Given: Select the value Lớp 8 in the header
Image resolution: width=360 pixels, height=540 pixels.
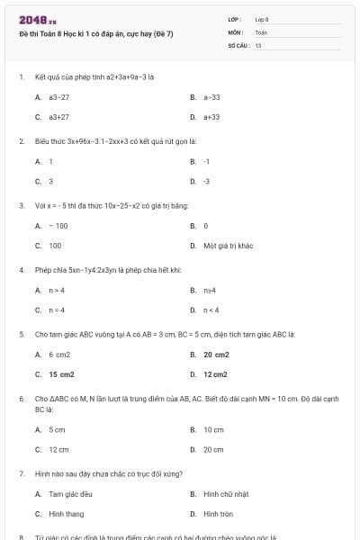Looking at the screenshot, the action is pos(262,19).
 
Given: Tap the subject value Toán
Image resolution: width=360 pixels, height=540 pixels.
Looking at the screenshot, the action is pos(261,31).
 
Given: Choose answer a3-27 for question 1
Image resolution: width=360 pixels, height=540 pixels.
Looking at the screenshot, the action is pos(58,96).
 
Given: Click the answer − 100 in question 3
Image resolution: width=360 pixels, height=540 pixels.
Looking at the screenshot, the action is pos(58,225).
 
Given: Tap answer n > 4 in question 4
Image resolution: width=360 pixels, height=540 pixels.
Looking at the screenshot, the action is pos(57,290).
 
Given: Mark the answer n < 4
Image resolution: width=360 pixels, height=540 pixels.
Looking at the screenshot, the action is pos(211,310).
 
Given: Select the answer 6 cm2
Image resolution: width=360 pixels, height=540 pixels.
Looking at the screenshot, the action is pos(59,355).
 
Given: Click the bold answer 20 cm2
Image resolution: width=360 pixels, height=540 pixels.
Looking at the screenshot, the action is pos(215,355).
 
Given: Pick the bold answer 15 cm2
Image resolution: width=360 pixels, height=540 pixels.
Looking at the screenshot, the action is pos(61,374).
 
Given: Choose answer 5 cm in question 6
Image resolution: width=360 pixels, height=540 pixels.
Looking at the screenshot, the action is pos(57,429).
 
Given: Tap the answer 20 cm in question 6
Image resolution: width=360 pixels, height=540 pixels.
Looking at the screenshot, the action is pos(213,449).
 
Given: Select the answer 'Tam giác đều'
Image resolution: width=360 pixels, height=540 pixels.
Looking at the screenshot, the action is pos(66,494).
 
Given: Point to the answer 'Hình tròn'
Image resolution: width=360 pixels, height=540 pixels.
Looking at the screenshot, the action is pos(218,514).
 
